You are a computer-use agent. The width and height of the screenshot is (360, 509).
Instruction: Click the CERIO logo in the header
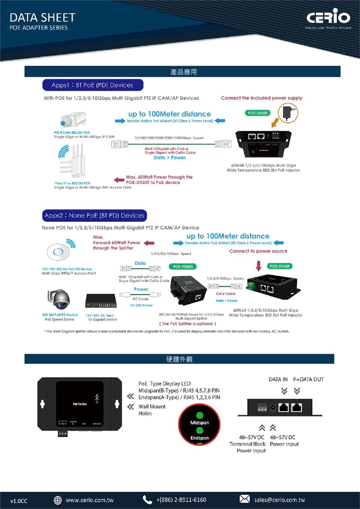328,17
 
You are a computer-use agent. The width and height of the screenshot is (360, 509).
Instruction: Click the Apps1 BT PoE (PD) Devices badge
93,85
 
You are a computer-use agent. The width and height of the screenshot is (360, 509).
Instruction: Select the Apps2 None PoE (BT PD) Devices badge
94,216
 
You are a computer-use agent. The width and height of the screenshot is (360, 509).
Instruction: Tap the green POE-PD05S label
183,267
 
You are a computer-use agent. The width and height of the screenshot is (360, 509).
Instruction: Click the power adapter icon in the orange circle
288,113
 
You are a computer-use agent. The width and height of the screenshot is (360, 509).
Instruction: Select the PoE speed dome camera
59,299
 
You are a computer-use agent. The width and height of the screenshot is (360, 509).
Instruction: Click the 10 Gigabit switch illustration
101,300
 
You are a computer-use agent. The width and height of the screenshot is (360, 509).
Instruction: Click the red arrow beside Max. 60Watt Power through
119,180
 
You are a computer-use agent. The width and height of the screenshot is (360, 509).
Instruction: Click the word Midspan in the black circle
199,423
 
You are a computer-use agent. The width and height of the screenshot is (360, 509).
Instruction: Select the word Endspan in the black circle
199,438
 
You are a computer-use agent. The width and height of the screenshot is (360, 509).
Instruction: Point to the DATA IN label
278,380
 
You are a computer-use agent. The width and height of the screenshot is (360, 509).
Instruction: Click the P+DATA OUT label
308,380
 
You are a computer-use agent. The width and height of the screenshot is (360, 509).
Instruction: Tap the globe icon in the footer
58,500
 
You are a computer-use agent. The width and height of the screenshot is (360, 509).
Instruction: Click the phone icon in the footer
147,500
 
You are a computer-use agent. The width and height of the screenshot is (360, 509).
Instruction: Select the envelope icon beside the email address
244,499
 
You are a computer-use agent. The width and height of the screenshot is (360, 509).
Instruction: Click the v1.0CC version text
19,501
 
